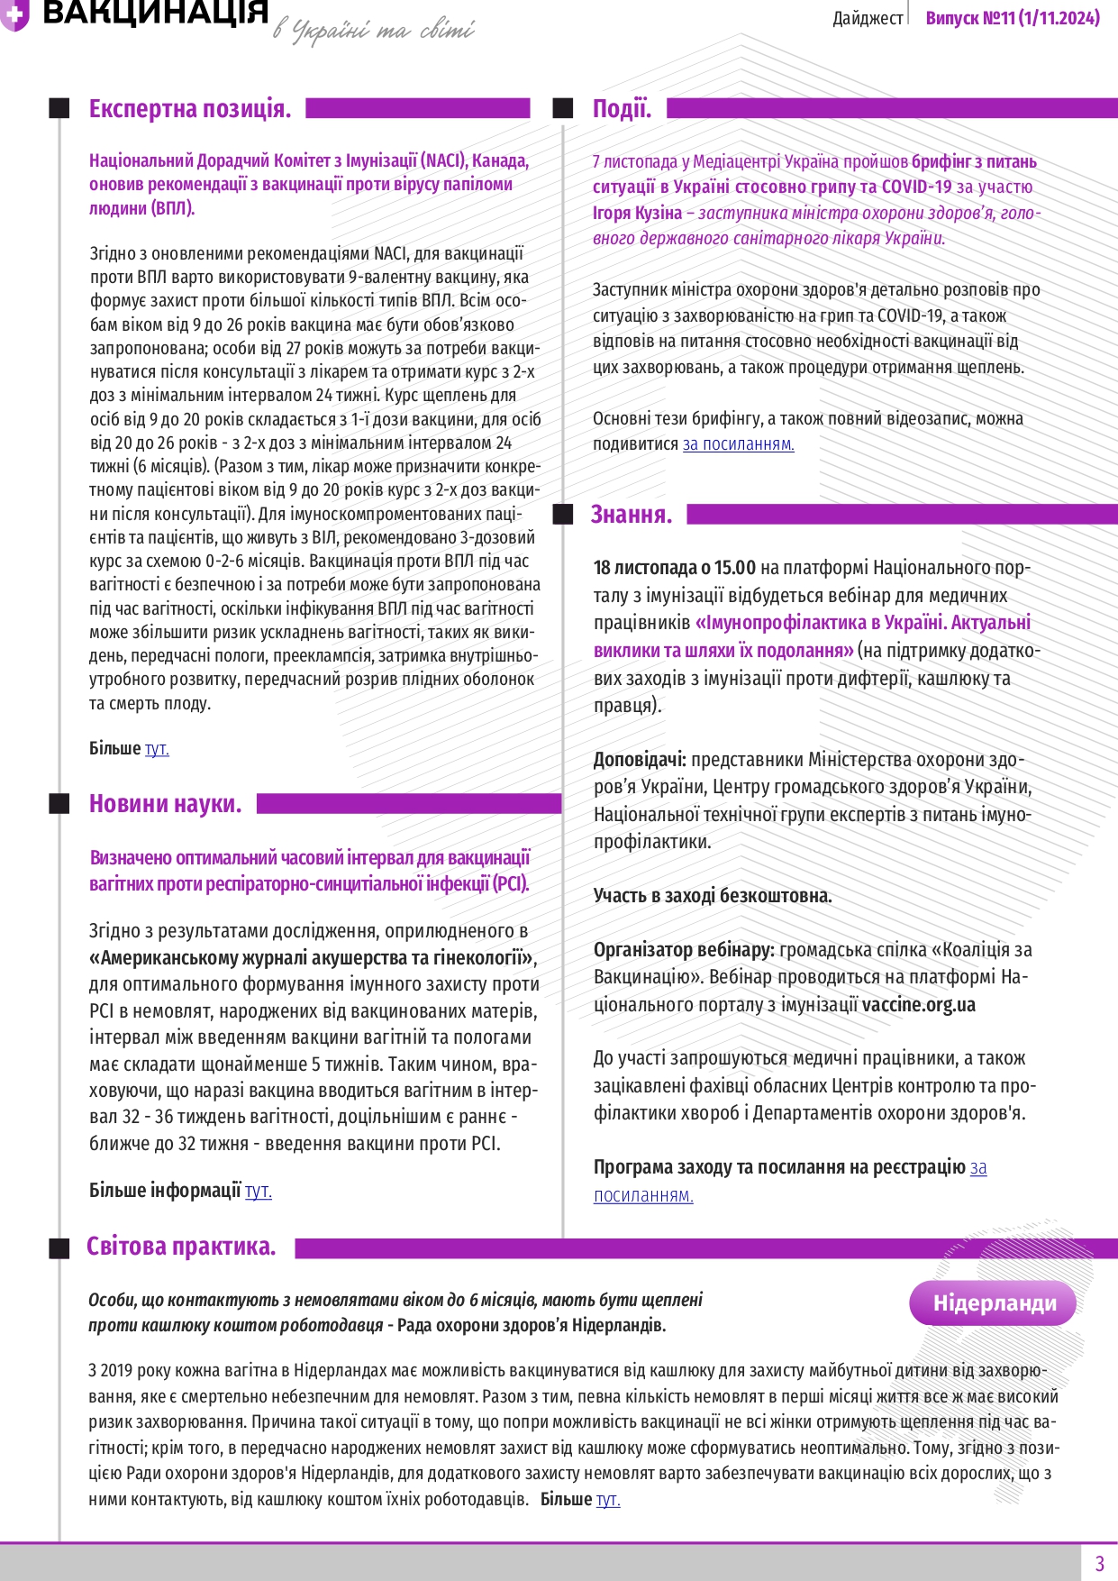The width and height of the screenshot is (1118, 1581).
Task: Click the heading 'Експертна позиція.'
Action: pyautogui.click(x=189, y=109)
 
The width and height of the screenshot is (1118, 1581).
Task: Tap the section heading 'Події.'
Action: pyautogui.click(x=622, y=109)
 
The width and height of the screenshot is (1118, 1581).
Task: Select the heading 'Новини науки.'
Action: pyautogui.click(x=165, y=804)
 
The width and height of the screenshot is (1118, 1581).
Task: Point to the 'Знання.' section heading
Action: pyautogui.click(x=631, y=515)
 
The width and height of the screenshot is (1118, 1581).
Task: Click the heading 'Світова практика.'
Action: pyautogui.click(x=180, y=1247)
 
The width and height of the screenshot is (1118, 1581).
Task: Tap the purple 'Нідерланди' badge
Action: pyautogui.click(x=994, y=1303)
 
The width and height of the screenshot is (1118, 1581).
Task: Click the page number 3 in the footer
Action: pyautogui.click(x=1099, y=1563)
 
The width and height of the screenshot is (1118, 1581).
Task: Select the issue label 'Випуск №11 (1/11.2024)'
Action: pyautogui.click(x=1013, y=18)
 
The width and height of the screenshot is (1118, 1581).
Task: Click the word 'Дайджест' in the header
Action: pyautogui.click(x=868, y=18)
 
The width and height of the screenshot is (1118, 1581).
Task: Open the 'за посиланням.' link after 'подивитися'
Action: pyautogui.click(x=738, y=444)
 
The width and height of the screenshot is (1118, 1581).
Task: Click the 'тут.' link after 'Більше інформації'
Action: pyautogui.click(x=258, y=1191)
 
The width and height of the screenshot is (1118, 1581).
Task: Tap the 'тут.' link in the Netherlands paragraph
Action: pyautogui.click(x=608, y=1499)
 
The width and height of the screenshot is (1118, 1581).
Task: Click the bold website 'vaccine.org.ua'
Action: pyautogui.click(x=918, y=1004)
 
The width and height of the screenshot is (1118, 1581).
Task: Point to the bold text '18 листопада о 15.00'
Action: pyautogui.click(x=674, y=568)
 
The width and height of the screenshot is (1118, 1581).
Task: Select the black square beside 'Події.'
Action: pyautogui.click(x=563, y=109)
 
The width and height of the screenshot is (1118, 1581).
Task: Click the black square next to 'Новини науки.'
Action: pyautogui.click(x=59, y=804)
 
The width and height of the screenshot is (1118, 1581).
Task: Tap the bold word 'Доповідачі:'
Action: pyautogui.click(x=640, y=760)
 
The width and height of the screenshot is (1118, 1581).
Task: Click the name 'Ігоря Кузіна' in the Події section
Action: pyautogui.click(x=637, y=213)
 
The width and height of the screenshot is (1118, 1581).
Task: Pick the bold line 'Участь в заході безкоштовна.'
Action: pyautogui.click(x=713, y=896)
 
